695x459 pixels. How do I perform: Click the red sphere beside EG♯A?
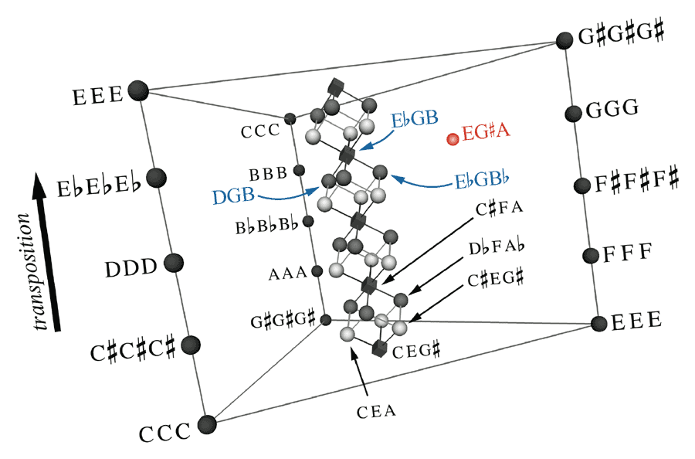tap(453, 139)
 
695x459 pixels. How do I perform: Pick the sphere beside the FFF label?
tap(591, 256)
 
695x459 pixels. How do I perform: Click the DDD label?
tap(131, 269)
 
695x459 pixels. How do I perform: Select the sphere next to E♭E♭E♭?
tap(157, 177)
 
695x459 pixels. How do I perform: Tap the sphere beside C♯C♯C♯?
tap(191, 345)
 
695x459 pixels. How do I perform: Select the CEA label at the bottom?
tap(377, 411)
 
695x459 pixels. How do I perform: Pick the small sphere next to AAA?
tap(316, 271)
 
